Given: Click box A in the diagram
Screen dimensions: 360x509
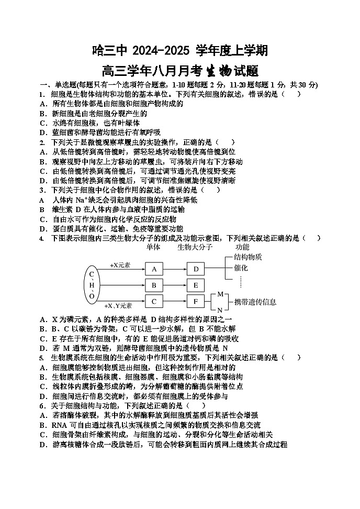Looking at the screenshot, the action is (154, 269).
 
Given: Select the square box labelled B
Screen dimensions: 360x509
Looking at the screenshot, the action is (154, 285).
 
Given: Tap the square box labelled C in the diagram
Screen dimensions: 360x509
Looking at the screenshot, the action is (154, 302).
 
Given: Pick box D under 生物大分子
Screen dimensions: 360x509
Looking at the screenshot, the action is (196, 269).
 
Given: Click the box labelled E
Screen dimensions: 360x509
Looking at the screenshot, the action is (196, 285).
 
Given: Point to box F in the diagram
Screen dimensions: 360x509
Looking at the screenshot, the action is (196, 302).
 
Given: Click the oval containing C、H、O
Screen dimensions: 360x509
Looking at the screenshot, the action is (92, 285).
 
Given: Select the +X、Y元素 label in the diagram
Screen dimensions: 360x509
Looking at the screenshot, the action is (118, 305).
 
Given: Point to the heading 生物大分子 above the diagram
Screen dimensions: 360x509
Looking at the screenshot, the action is (195, 247).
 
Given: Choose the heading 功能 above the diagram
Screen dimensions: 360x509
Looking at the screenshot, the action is (242, 247).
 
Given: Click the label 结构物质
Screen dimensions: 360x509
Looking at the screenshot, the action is (248, 257).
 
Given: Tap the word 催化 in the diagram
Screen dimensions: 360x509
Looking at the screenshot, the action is (241, 268).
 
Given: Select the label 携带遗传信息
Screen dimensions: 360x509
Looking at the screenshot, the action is (255, 302).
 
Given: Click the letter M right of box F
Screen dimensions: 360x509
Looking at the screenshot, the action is (220, 294).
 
